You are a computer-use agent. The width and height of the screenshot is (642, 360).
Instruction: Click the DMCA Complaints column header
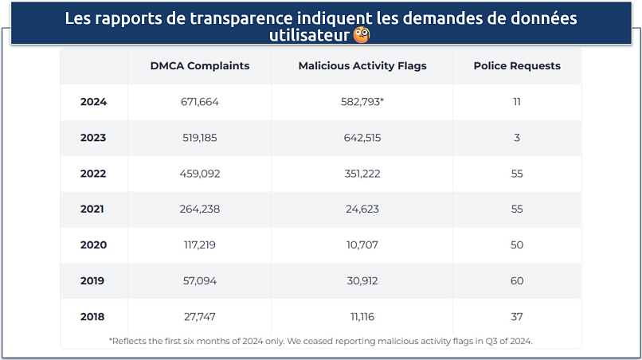pyautogui.click(x=199, y=66)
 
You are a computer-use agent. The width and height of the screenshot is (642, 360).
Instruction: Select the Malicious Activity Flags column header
pyautogui.click(x=362, y=66)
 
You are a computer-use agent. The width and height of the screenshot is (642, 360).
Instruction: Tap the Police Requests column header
pyautogui.click(x=517, y=66)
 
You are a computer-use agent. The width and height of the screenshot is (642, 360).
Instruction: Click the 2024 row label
pyautogui.click(x=93, y=102)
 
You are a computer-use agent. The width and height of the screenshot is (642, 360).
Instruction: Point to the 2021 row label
pyautogui.click(x=93, y=209)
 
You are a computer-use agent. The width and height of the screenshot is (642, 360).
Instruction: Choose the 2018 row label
pyautogui.click(x=93, y=317)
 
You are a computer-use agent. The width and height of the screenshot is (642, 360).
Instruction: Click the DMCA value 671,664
pyautogui.click(x=199, y=102)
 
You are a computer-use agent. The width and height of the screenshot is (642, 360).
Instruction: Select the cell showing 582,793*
pyautogui.click(x=362, y=102)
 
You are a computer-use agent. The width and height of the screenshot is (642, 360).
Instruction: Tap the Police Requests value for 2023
pyautogui.click(x=517, y=138)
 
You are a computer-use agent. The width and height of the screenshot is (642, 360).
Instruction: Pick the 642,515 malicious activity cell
pyautogui.click(x=362, y=138)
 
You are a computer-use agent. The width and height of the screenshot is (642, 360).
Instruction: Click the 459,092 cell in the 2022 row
pyautogui.click(x=199, y=174)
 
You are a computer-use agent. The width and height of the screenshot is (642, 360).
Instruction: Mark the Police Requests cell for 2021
pyautogui.click(x=517, y=209)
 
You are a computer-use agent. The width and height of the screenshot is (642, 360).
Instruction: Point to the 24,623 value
pyautogui.click(x=362, y=209)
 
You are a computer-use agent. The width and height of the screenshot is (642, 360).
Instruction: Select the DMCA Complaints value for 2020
pyautogui.click(x=199, y=245)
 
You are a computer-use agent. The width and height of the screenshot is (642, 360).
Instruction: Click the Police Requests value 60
pyautogui.click(x=517, y=281)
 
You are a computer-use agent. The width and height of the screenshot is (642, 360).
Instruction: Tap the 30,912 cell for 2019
pyautogui.click(x=362, y=281)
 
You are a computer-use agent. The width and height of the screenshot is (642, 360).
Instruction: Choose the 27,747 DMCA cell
pyautogui.click(x=199, y=317)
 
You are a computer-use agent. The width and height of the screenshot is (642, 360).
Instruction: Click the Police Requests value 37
pyautogui.click(x=517, y=317)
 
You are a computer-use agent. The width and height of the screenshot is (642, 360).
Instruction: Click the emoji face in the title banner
pyautogui.click(x=361, y=36)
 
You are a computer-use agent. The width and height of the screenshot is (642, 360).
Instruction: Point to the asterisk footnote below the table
pyautogui.click(x=320, y=341)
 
